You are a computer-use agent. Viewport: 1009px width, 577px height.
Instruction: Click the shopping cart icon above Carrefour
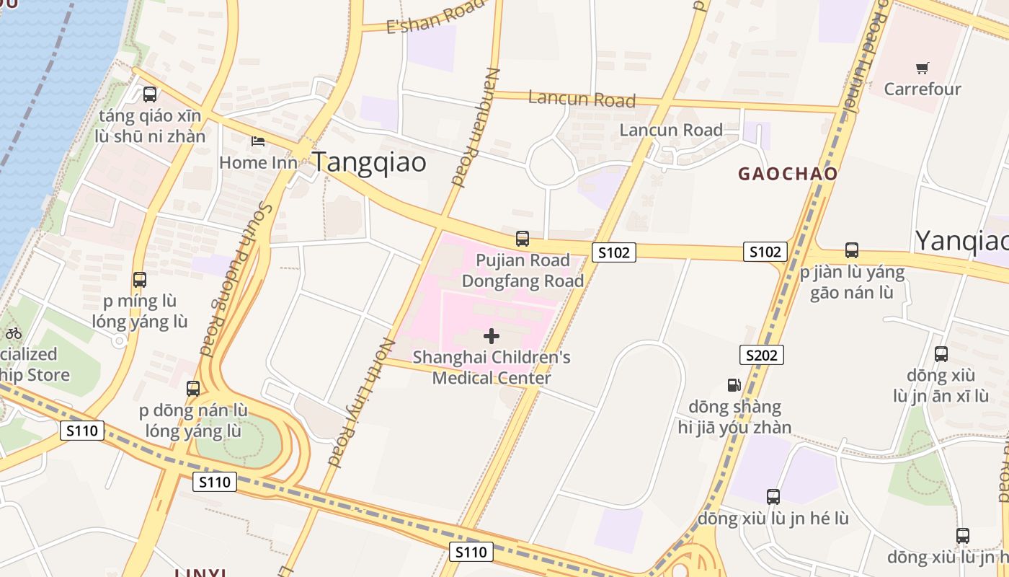coord(922,69)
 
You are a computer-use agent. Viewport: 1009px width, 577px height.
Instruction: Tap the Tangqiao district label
coord(368,162)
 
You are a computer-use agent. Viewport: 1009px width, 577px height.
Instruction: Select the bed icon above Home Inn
coord(258,141)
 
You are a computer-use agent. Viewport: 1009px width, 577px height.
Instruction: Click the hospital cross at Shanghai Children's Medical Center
coord(492,336)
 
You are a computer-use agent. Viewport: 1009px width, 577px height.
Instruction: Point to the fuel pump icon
coord(734,385)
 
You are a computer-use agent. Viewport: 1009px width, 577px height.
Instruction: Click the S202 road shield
coord(761,355)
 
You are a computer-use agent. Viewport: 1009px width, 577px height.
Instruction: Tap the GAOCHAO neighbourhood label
coord(788,174)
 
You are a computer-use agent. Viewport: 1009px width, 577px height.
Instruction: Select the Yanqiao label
coord(961,241)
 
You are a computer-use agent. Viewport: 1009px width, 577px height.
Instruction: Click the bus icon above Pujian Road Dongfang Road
coord(523,238)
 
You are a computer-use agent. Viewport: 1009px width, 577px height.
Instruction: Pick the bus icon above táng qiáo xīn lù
coord(150,94)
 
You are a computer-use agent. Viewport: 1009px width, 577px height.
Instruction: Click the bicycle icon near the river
coord(13,332)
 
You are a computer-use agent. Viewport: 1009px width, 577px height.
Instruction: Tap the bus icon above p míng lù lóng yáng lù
coord(140,279)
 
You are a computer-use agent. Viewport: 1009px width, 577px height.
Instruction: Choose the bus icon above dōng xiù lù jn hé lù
coord(773,496)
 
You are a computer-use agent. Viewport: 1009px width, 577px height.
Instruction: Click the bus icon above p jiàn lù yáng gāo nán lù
coord(852,250)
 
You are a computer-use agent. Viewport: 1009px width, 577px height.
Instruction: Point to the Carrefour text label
coord(923,89)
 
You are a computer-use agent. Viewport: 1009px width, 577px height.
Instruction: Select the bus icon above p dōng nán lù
coord(193,388)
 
